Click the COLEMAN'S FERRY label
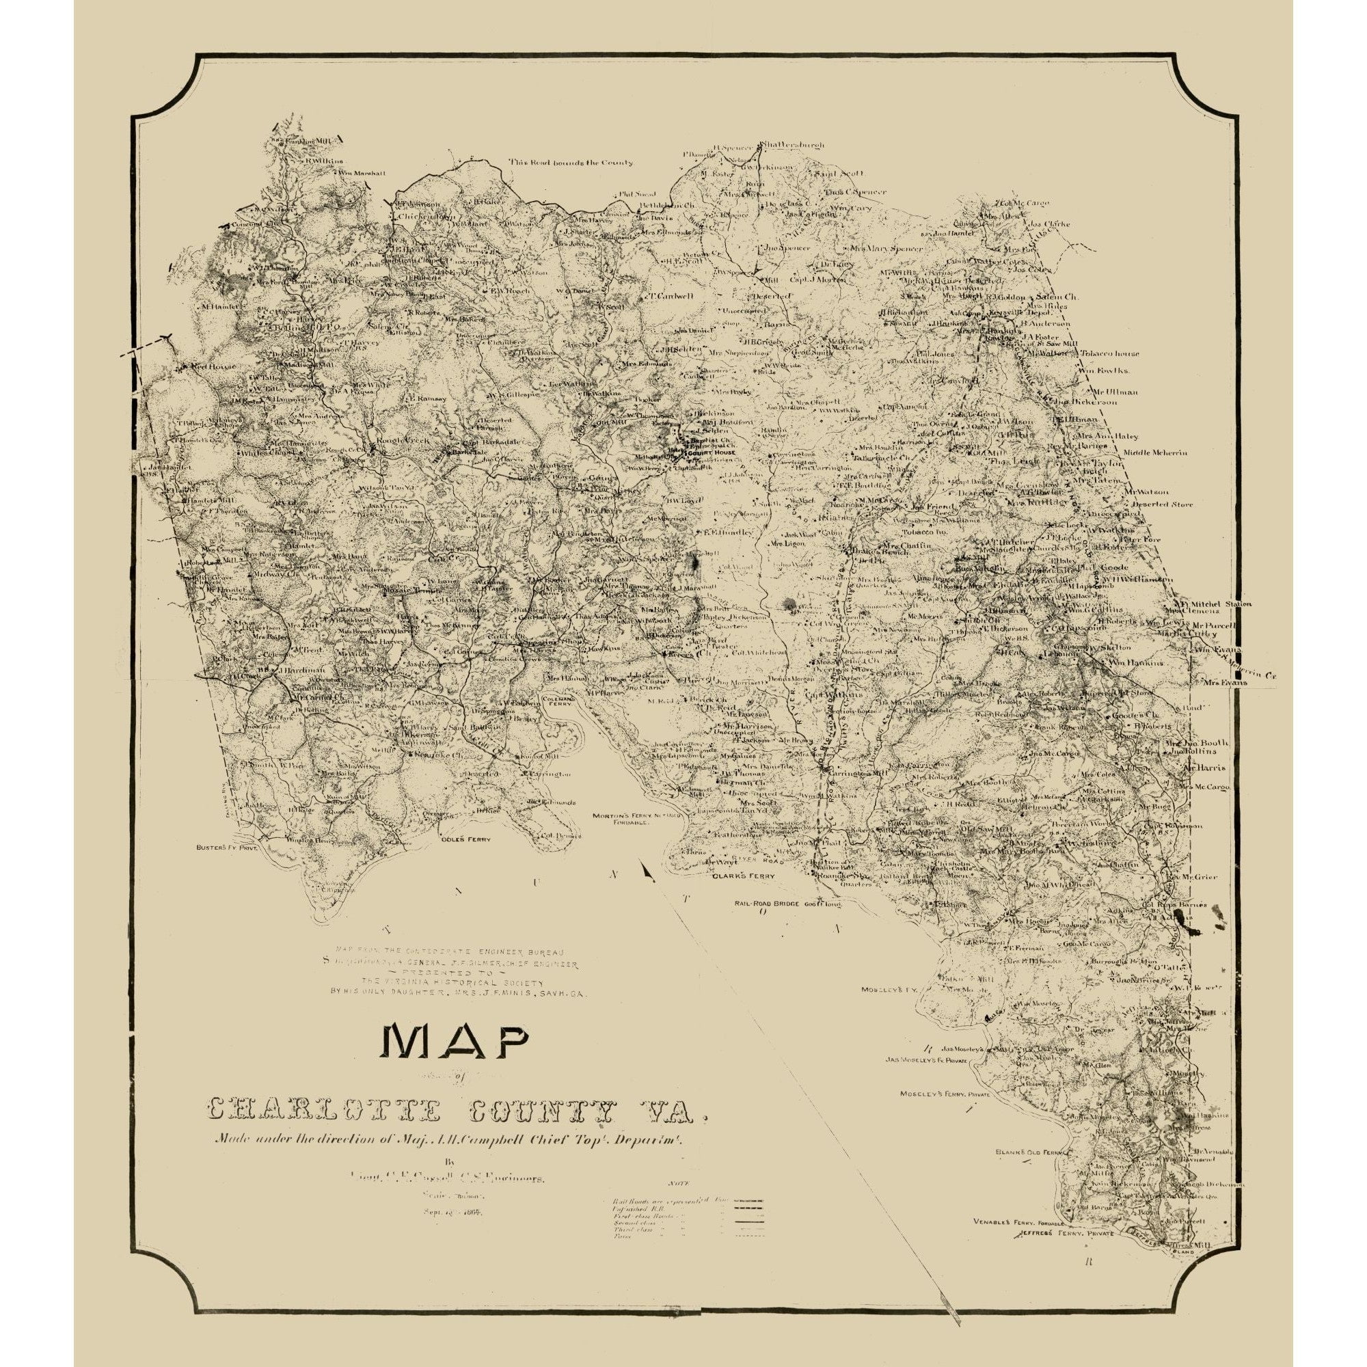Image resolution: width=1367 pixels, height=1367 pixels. tap(560, 699)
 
